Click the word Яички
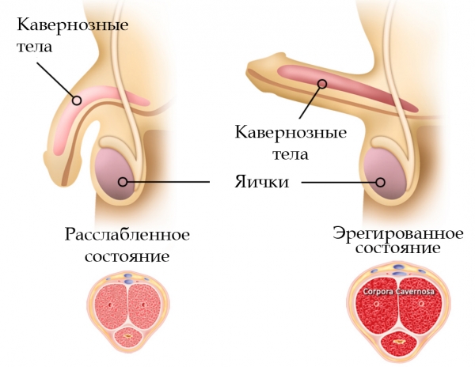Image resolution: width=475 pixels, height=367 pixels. click(x=262, y=182)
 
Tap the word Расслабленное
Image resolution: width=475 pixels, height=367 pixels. click(x=127, y=235)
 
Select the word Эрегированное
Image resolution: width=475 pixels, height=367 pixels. click(x=397, y=233)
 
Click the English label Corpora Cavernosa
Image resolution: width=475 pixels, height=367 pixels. click(x=399, y=292)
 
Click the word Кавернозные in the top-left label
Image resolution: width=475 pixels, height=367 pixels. click(x=73, y=25)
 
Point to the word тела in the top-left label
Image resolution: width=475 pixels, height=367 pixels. click(x=35, y=47)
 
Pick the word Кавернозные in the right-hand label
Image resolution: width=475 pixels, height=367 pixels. click(x=291, y=133)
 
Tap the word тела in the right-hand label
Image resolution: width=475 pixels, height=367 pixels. click(x=291, y=154)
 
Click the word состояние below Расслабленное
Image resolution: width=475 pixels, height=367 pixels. click(x=127, y=256)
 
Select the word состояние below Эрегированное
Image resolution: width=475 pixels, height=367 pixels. click(x=397, y=248)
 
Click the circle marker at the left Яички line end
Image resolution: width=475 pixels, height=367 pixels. click(x=123, y=182)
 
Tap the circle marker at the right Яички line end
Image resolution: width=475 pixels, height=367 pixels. click(x=381, y=182)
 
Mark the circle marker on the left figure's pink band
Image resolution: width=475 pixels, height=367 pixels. click(x=77, y=100)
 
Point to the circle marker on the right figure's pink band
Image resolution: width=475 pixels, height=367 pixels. click(x=323, y=84)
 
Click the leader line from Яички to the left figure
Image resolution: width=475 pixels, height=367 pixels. click(x=169, y=182)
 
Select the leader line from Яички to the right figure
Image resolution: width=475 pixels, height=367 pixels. click(x=339, y=182)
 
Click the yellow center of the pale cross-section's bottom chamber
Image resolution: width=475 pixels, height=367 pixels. click(x=127, y=336)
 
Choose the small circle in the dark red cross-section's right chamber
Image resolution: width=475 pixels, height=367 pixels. click(x=421, y=304)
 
